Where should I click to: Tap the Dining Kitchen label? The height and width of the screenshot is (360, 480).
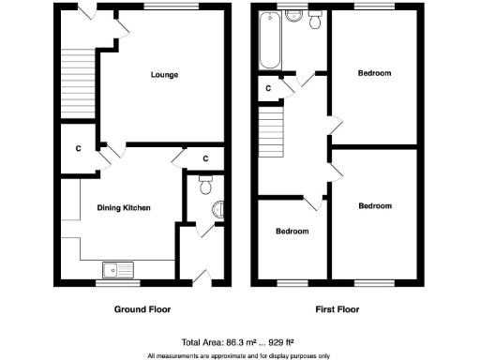[124, 208]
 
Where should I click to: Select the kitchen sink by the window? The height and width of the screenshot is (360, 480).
[121, 270]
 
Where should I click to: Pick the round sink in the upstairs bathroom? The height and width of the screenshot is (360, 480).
[294, 16]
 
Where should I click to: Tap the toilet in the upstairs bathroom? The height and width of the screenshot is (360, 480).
[316, 20]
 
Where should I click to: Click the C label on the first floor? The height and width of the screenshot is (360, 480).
[268, 88]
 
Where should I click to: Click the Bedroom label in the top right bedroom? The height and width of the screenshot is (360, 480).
[374, 72]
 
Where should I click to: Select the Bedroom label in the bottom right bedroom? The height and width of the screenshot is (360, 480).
[374, 205]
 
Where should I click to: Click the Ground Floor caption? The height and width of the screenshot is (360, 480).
[142, 308]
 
